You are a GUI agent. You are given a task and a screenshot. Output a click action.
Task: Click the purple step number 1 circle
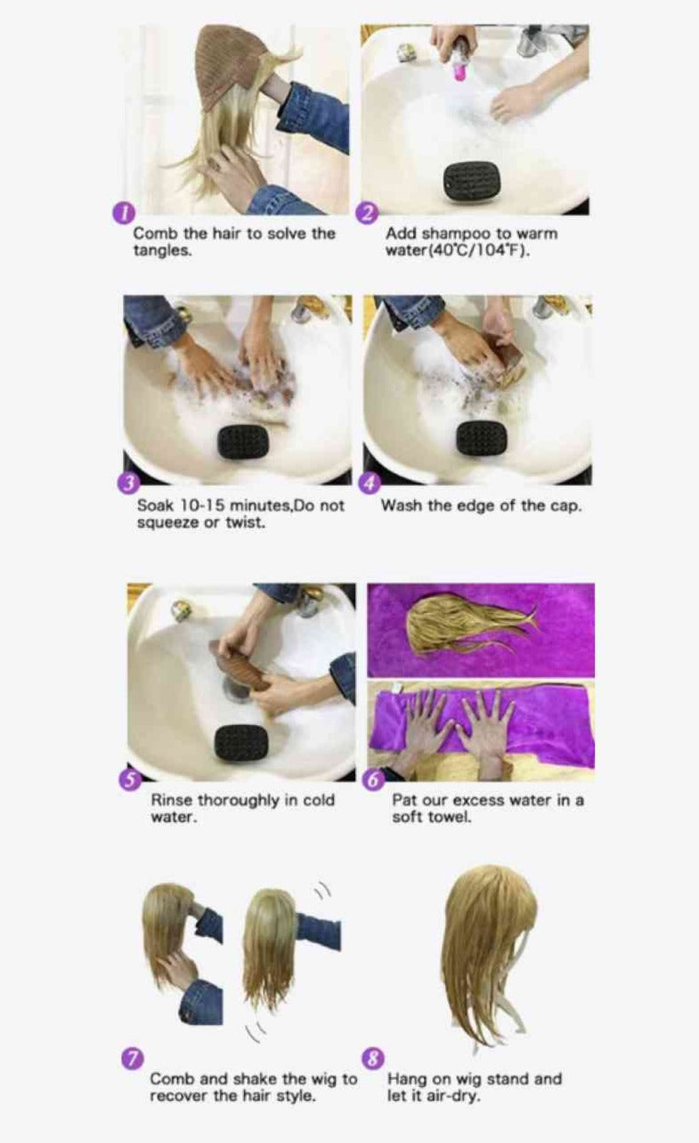point(123,212)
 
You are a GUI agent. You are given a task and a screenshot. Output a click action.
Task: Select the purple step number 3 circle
point(127,484)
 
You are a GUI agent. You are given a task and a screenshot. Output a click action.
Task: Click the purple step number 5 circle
point(130,780)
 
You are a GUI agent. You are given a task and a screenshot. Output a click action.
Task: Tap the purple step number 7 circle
point(132,1058)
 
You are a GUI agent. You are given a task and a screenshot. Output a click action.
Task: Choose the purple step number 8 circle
point(373,1058)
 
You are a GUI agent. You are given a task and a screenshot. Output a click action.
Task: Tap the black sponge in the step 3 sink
point(243,441)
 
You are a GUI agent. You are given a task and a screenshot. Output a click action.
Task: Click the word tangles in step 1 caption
point(163,251)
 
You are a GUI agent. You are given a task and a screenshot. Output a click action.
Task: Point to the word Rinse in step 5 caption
point(171,800)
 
